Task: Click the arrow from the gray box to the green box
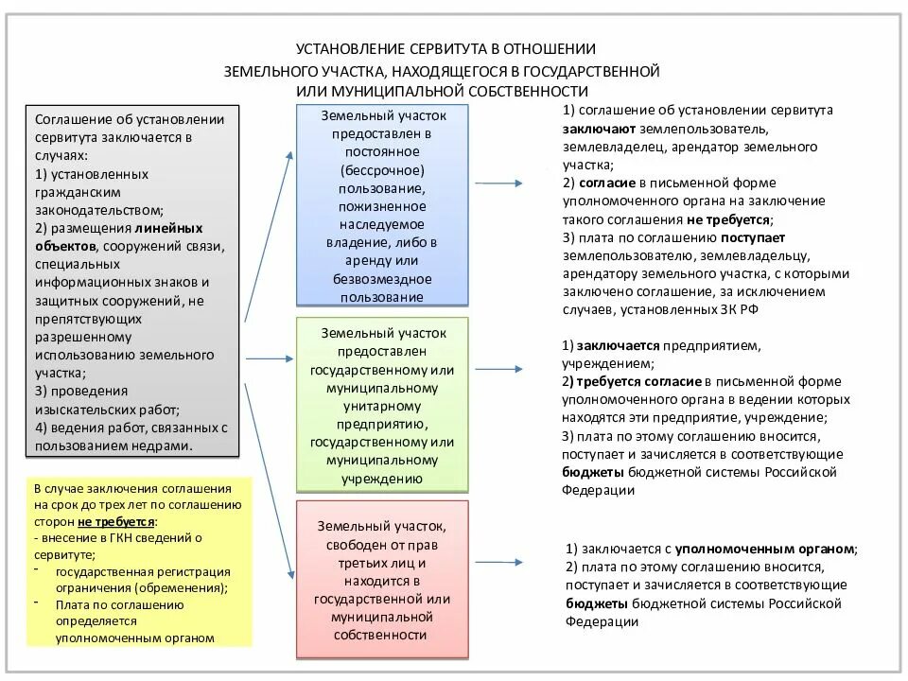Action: click(271, 358)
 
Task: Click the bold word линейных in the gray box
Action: click(168, 228)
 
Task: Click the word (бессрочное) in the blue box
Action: click(383, 170)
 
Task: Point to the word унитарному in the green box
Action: click(383, 406)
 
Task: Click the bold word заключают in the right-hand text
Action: click(598, 129)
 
